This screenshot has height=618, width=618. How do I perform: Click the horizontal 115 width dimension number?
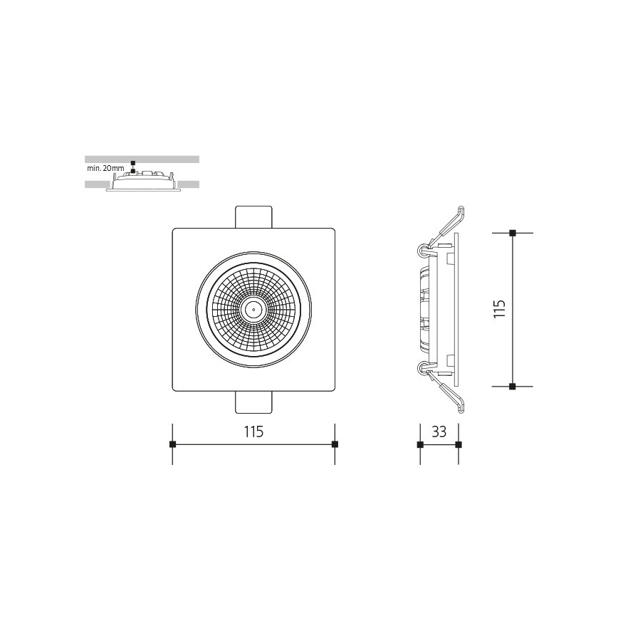[x=254, y=431]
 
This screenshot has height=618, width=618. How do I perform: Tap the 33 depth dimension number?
[x=439, y=431]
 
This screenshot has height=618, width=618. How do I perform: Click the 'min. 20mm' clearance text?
[x=105, y=169]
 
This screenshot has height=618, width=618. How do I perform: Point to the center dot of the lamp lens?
[x=252, y=309]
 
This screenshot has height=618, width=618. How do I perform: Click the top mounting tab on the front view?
[x=253, y=216]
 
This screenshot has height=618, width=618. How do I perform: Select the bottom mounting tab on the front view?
[x=253, y=402]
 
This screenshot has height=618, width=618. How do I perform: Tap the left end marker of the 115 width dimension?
[x=172, y=444]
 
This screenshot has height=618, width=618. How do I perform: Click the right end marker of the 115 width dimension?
[x=335, y=444]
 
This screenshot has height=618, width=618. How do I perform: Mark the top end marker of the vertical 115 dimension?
[x=513, y=233]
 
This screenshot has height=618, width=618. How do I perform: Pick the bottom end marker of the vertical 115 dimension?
[x=513, y=386]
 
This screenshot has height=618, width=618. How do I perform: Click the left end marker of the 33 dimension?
[x=420, y=444]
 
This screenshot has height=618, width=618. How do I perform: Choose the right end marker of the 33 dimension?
[x=458, y=444]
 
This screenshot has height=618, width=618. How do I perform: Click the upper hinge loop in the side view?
[x=422, y=250]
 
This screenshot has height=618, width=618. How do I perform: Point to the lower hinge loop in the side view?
[x=422, y=368]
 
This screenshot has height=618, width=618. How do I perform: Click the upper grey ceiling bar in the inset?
[x=142, y=159]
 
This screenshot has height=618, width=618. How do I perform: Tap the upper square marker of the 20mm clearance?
[x=132, y=163]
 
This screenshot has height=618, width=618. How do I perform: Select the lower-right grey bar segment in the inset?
[x=189, y=184]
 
